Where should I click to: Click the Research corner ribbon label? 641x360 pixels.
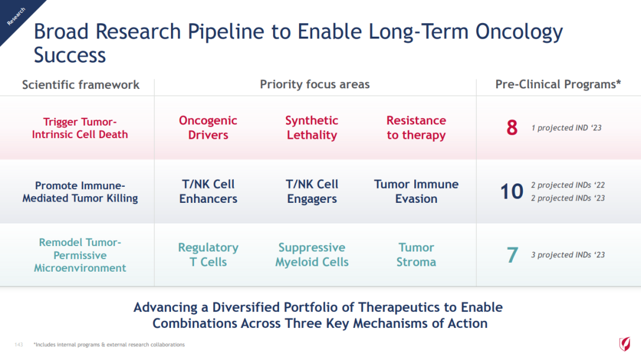click(x=16, y=17)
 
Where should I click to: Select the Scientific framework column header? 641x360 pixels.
click(x=81, y=85)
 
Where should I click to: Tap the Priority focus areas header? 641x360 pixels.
click(x=315, y=84)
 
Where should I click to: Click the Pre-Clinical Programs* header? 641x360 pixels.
click(x=558, y=84)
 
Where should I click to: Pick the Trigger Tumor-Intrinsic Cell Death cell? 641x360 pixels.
click(x=80, y=128)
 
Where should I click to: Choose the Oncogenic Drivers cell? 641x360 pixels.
click(x=208, y=128)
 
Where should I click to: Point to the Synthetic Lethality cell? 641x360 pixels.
click(x=312, y=128)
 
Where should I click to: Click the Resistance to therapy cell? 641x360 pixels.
click(x=416, y=128)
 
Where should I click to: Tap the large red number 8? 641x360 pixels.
click(x=512, y=128)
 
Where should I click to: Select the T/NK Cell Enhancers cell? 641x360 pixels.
click(x=208, y=191)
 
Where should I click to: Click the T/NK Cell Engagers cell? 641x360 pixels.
click(x=312, y=191)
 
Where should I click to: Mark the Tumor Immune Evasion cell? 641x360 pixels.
click(x=416, y=191)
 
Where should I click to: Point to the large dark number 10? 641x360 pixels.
click(x=512, y=191)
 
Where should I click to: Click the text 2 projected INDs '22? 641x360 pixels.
click(x=568, y=185)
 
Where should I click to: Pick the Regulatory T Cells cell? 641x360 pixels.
click(x=208, y=254)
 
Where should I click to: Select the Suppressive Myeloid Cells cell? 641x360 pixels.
click(x=312, y=254)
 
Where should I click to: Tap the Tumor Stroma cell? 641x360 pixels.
click(x=416, y=254)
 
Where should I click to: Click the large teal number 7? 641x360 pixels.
click(x=512, y=255)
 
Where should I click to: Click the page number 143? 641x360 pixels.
click(x=18, y=345)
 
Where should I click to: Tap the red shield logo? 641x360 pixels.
click(x=624, y=343)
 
